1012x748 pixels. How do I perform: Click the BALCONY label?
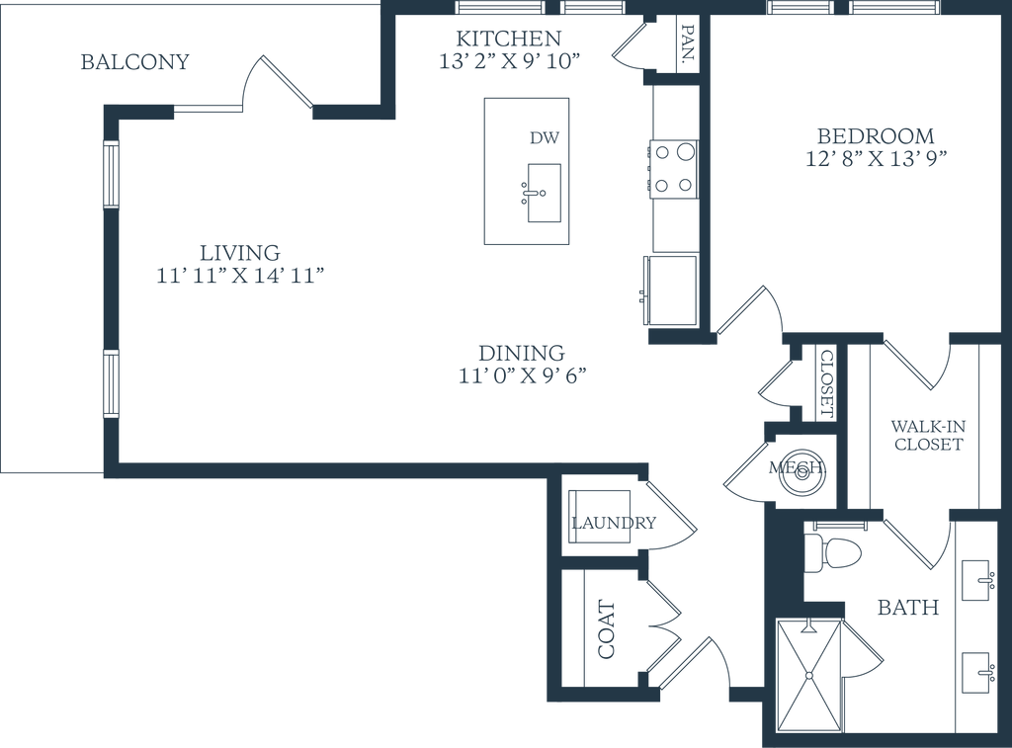tap(134, 62)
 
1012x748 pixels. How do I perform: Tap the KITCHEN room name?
tap(509, 39)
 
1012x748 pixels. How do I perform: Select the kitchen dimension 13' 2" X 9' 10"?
tap(509, 61)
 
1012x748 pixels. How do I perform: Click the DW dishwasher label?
tap(545, 137)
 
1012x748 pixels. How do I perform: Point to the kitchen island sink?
tap(544, 193)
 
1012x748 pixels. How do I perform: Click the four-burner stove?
tap(673, 170)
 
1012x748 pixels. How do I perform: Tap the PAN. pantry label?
tap(689, 45)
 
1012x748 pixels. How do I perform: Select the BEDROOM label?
tap(876, 136)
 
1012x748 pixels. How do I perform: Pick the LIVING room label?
tap(239, 252)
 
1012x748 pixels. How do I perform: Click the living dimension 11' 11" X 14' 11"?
tap(239, 276)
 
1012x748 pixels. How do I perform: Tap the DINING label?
tap(522, 353)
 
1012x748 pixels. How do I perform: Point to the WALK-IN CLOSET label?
tap(928, 435)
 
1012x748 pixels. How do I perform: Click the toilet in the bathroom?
tap(833, 553)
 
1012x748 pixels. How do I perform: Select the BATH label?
tap(908, 608)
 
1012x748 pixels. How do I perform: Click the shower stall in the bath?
tap(809, 676)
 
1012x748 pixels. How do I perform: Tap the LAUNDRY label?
tap(614, 522)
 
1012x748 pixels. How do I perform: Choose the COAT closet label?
tap(607, 629)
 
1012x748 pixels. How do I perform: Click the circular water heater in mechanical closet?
tap(802, 471)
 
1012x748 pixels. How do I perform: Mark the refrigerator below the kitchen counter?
tap(670, 291)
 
